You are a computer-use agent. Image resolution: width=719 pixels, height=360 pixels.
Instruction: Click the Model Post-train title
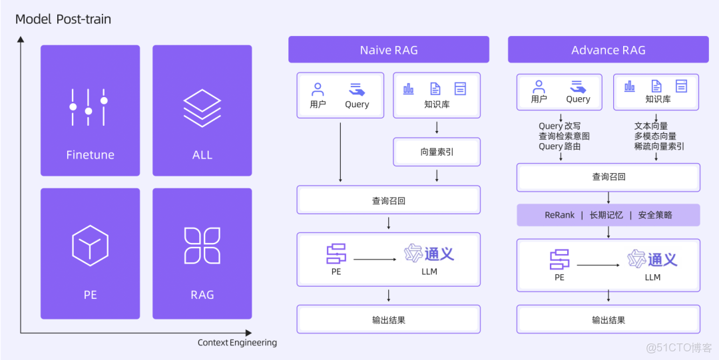pos(63,19)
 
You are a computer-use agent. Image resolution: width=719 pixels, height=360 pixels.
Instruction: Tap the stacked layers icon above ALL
pos(202,106)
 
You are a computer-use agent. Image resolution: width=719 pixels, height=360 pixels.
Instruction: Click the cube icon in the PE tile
pos(90,246)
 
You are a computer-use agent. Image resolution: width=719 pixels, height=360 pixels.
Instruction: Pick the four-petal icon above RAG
pos(202,245)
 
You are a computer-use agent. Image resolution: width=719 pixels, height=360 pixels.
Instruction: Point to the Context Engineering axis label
pos(237,343)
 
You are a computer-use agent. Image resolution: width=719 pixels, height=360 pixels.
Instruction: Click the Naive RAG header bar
pos(388,50)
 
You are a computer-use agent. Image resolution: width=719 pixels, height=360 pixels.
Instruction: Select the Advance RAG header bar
pos(608,50)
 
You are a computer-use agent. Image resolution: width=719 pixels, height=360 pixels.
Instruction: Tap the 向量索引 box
pos(437,152)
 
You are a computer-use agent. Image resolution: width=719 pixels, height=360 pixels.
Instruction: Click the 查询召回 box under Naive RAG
pos(388,200)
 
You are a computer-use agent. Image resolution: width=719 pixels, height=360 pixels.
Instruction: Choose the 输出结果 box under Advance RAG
pos(608,320)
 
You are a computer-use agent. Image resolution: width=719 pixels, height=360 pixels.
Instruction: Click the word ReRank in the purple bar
pos(559,215)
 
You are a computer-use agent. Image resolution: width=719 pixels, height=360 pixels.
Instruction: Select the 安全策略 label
pos(655,215)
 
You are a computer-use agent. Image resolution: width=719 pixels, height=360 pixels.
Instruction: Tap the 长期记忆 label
pos(606,215)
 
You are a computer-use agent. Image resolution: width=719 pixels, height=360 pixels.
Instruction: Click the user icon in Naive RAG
pos(318,89)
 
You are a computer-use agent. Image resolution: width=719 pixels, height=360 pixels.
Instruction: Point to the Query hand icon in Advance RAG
pos(577,86)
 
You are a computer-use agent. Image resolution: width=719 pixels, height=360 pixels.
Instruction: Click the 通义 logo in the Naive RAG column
pos(429,253)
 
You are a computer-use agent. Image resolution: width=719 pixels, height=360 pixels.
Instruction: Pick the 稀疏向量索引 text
pos(659,146)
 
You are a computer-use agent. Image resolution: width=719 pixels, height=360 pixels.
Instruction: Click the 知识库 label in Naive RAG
pos(437,104)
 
